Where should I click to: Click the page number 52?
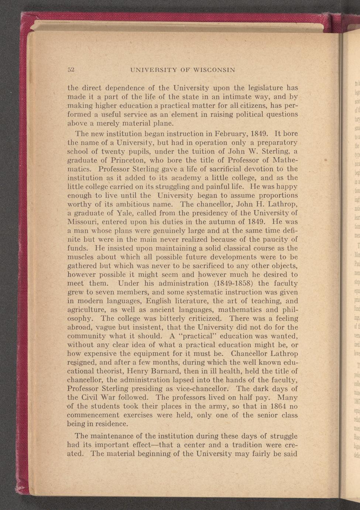pyautogui.click(x=71, y=70)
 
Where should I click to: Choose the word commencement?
pyautogui.click(x=96, y=415)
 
